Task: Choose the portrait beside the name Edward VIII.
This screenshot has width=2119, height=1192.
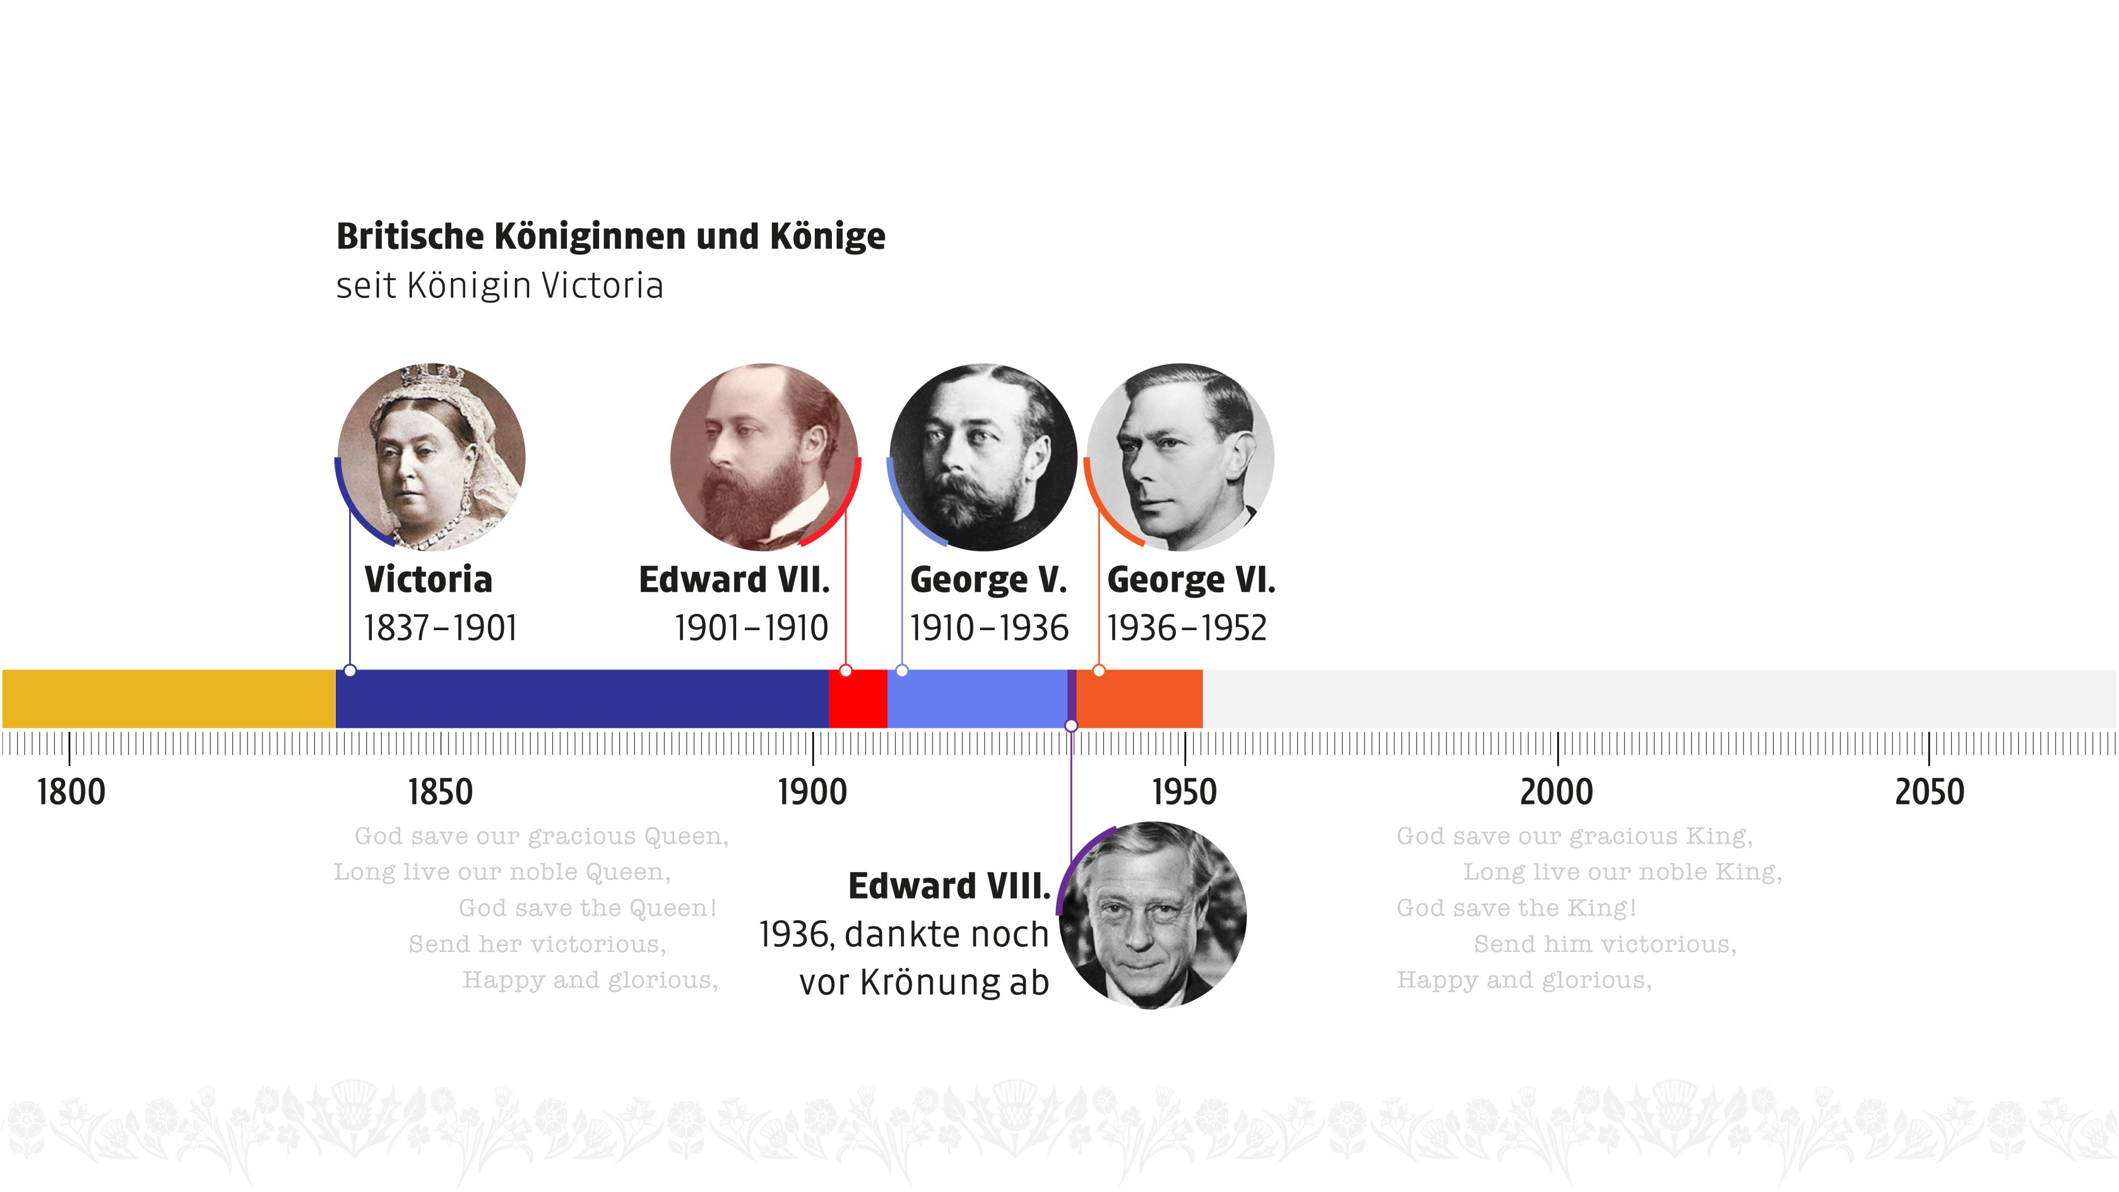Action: click(1153, 915)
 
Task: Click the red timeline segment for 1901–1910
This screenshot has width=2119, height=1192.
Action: click(858, 698)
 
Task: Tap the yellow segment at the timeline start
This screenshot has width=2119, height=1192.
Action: click(169, 698)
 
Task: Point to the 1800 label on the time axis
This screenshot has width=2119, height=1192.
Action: click(71, 792)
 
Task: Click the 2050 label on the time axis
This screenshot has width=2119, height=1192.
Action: click(1929, 792)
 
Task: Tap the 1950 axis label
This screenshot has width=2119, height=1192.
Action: click(1184, 792)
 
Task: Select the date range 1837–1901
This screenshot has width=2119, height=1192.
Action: click(440, 629)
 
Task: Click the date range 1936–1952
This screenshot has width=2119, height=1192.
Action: click(1186, 629)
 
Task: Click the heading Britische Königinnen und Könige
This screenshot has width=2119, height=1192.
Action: click(610, 236)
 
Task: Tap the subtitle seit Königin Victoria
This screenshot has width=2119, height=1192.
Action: click(499, 286)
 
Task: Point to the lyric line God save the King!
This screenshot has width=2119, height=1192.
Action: click(1516, 907)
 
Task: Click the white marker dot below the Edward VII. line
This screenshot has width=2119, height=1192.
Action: click(846, 671)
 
